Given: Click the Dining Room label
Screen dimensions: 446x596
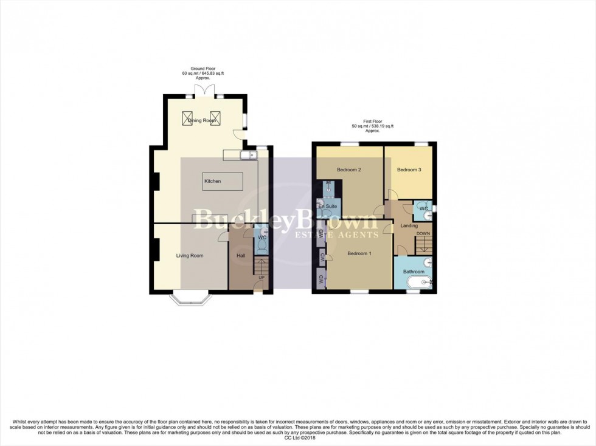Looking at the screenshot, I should pyautogui.click(x=201, y=120).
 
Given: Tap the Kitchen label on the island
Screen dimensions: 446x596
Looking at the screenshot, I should pyautogui.click(x=213, y=181).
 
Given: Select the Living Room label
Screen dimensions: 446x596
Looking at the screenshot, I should pyautogui.click(x=190, y=256).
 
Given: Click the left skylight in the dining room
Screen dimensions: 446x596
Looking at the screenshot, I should pyautogui.click(x=187, y=118).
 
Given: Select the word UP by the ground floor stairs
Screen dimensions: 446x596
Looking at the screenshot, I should pyautogui.click(x=262, y=278).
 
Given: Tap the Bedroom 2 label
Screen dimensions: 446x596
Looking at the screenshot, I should pyautogui.click(x=349, y=170).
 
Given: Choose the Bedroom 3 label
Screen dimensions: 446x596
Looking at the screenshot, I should pyautogui.click(x=409, y=170).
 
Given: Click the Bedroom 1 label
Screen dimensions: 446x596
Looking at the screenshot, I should pyautogui.click(x=359, y=253).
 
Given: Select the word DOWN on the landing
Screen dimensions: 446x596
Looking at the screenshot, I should pyautogui.click(x=423, y=234).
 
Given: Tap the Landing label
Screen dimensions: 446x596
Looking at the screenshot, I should pyautogui.click(x=409, y=226).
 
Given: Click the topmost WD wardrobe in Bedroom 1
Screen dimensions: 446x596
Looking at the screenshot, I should pyautogui.click(x=321, y=234).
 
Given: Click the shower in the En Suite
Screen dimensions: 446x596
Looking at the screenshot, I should pyautogui.click(x=328, y=186).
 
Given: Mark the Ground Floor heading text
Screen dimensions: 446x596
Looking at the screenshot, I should pyautogui.click(x=203, y=69).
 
